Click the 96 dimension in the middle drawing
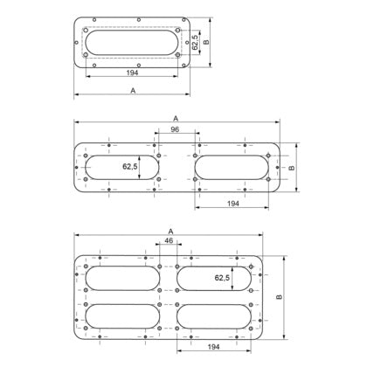[175, 129]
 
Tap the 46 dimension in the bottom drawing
[169, 240]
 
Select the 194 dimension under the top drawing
[132, 73]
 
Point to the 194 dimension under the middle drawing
[233, 204]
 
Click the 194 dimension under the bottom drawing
[213, 347]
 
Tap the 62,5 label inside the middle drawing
[130, 167]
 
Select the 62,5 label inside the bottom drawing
[222, 278]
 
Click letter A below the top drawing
[133, 91]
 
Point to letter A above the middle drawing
[176, 118]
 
